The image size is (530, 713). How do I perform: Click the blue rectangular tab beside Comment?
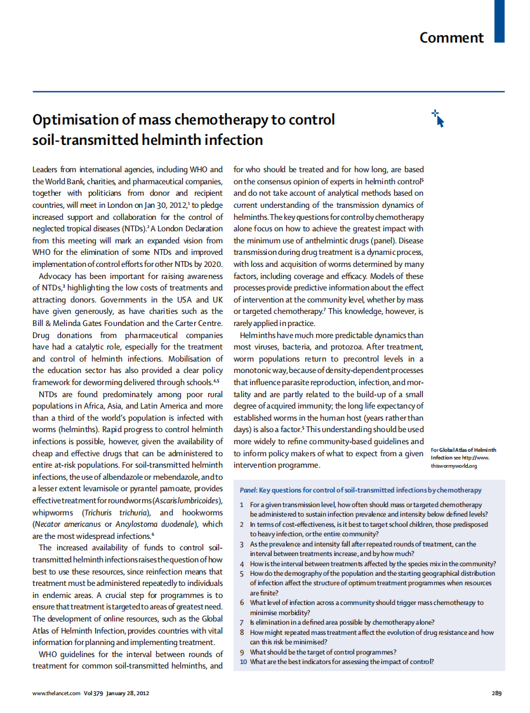coord(500,21)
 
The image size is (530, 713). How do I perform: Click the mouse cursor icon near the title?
coord(438,118)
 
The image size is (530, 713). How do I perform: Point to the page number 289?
coord(497,693)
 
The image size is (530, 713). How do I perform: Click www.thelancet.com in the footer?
coord(56,693)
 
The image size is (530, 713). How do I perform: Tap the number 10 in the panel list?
coord(244,662)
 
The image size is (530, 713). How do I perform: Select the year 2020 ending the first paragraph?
coord(213,264)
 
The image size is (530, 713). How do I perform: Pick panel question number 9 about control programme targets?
coord(323,652)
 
